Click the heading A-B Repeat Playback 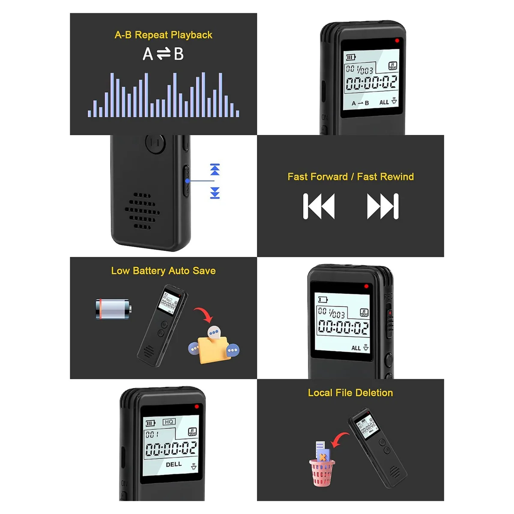click(163, 35)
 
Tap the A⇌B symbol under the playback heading click(163, 54)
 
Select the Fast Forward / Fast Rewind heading click(350, 177)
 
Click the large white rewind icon click(319, 206)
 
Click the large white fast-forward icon click(383, 206)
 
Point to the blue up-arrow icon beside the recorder click(215, 169)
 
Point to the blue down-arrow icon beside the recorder click(215, 193)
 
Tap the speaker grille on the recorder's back click(142, 211)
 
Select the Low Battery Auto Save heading click(163, 271)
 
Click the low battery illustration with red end click(113, 309)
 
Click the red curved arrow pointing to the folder click(203, 314)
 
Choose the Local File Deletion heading click(350, 393)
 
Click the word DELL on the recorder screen click(173, 464)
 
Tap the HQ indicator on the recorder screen click(169, 422)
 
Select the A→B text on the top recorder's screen click(360, 103)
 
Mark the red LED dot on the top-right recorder click(397, 41)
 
